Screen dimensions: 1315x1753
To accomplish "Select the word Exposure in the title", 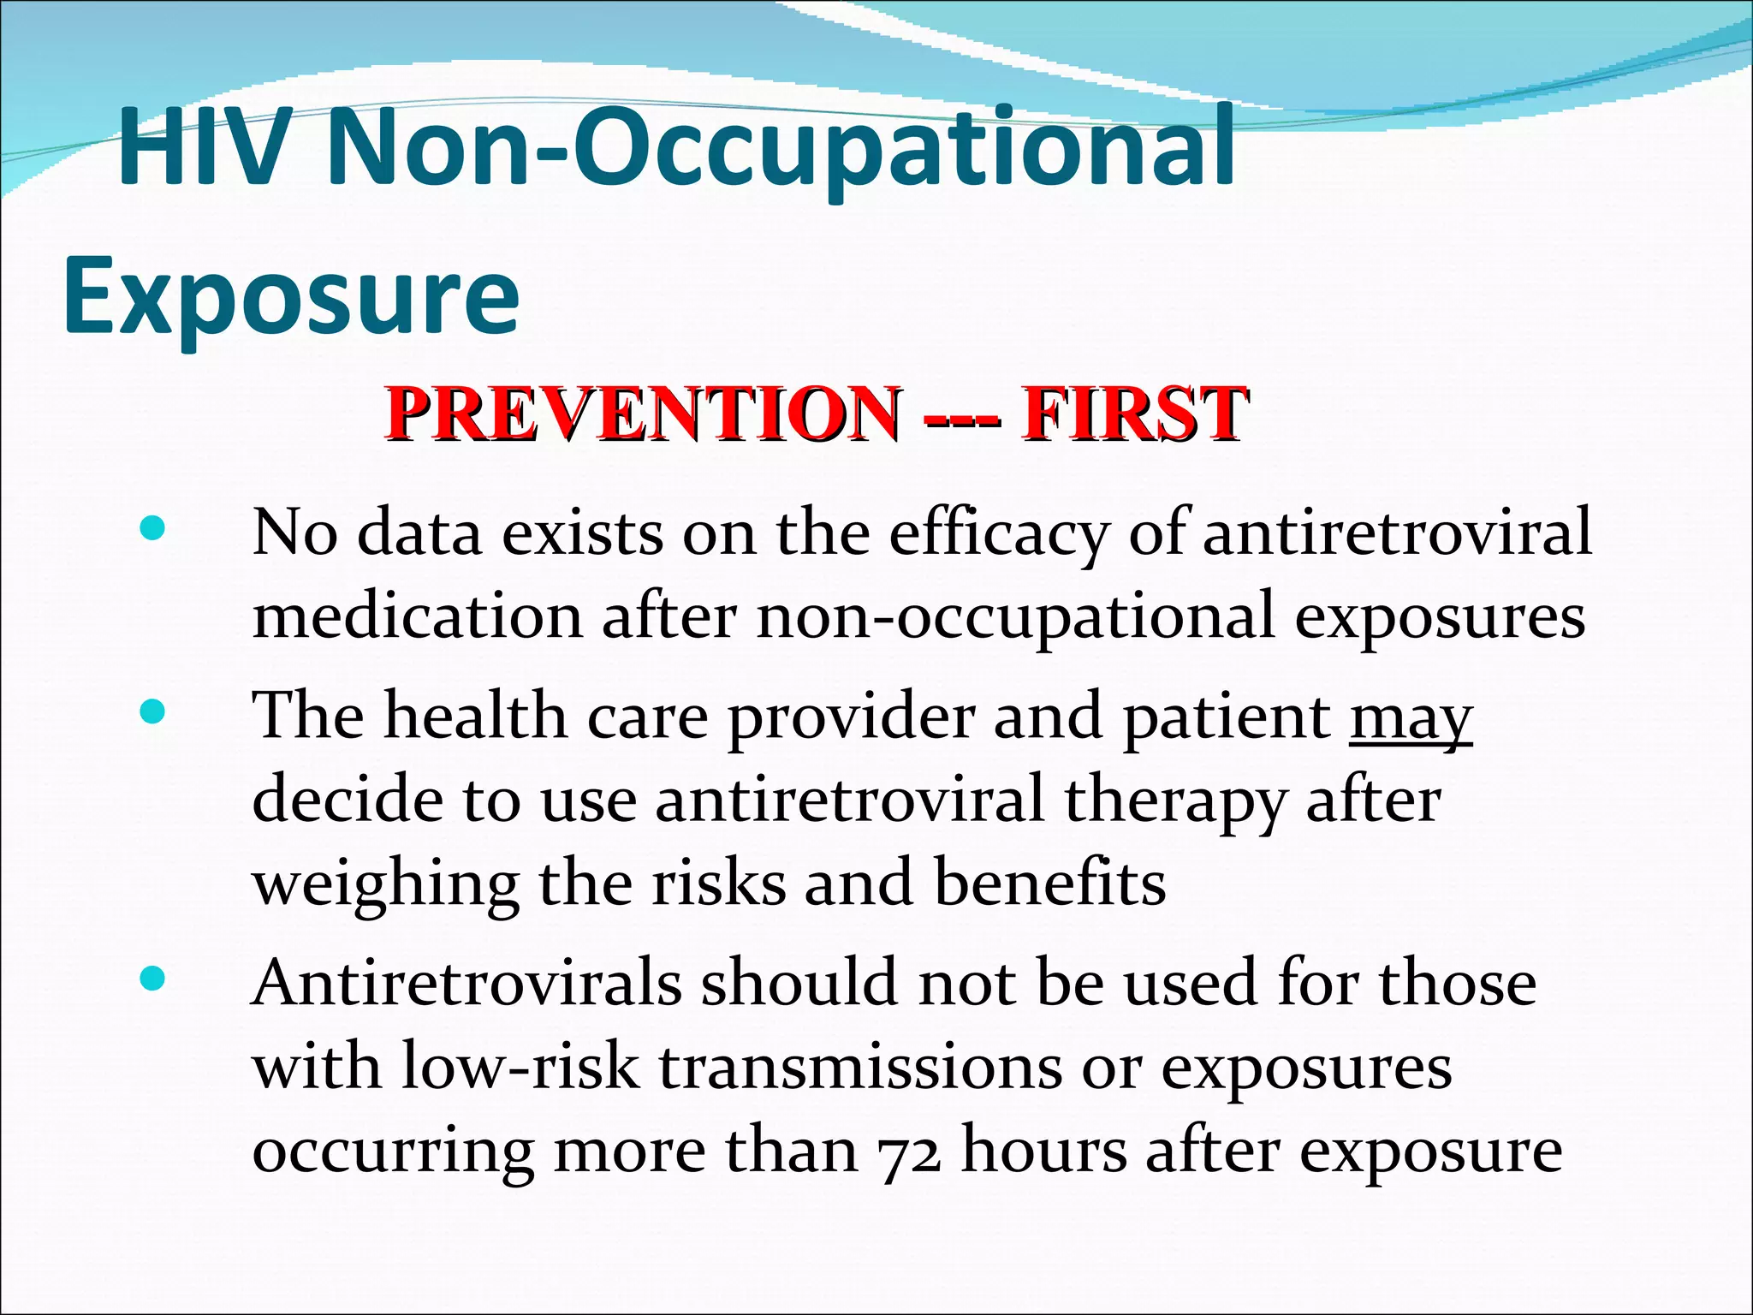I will click(x=291, y=295).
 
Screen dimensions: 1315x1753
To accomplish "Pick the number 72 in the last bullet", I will click(x=910, y=1152).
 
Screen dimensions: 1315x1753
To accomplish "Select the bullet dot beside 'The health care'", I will click(x=152, y=711).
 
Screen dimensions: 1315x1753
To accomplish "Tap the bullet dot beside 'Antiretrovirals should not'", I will click(x=152, y=979).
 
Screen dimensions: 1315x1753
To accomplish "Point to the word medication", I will click(x=418, y=616).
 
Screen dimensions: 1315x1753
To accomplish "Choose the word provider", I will click(x=851, y=717).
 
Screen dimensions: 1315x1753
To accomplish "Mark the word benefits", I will click(x=1049, y=884).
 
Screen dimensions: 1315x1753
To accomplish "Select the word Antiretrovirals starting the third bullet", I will click(x=466, y=983).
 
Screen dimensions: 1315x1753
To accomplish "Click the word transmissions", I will click(x=859, y=1068).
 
